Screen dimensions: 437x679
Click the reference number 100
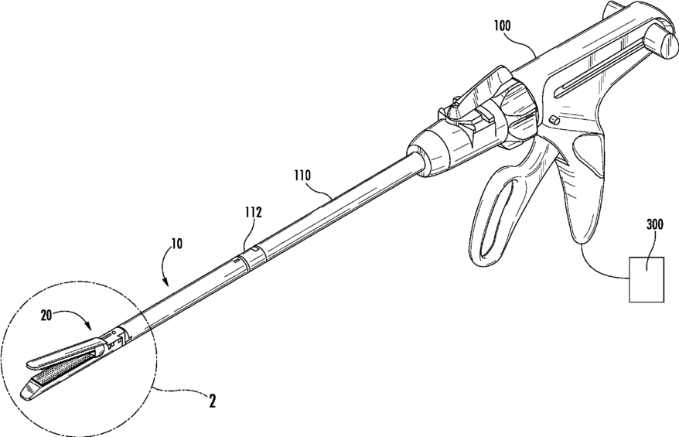point(507,26)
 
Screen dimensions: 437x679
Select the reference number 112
point(253,211)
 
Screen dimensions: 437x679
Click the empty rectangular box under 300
point(647,278)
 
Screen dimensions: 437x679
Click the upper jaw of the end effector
point(62,354)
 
